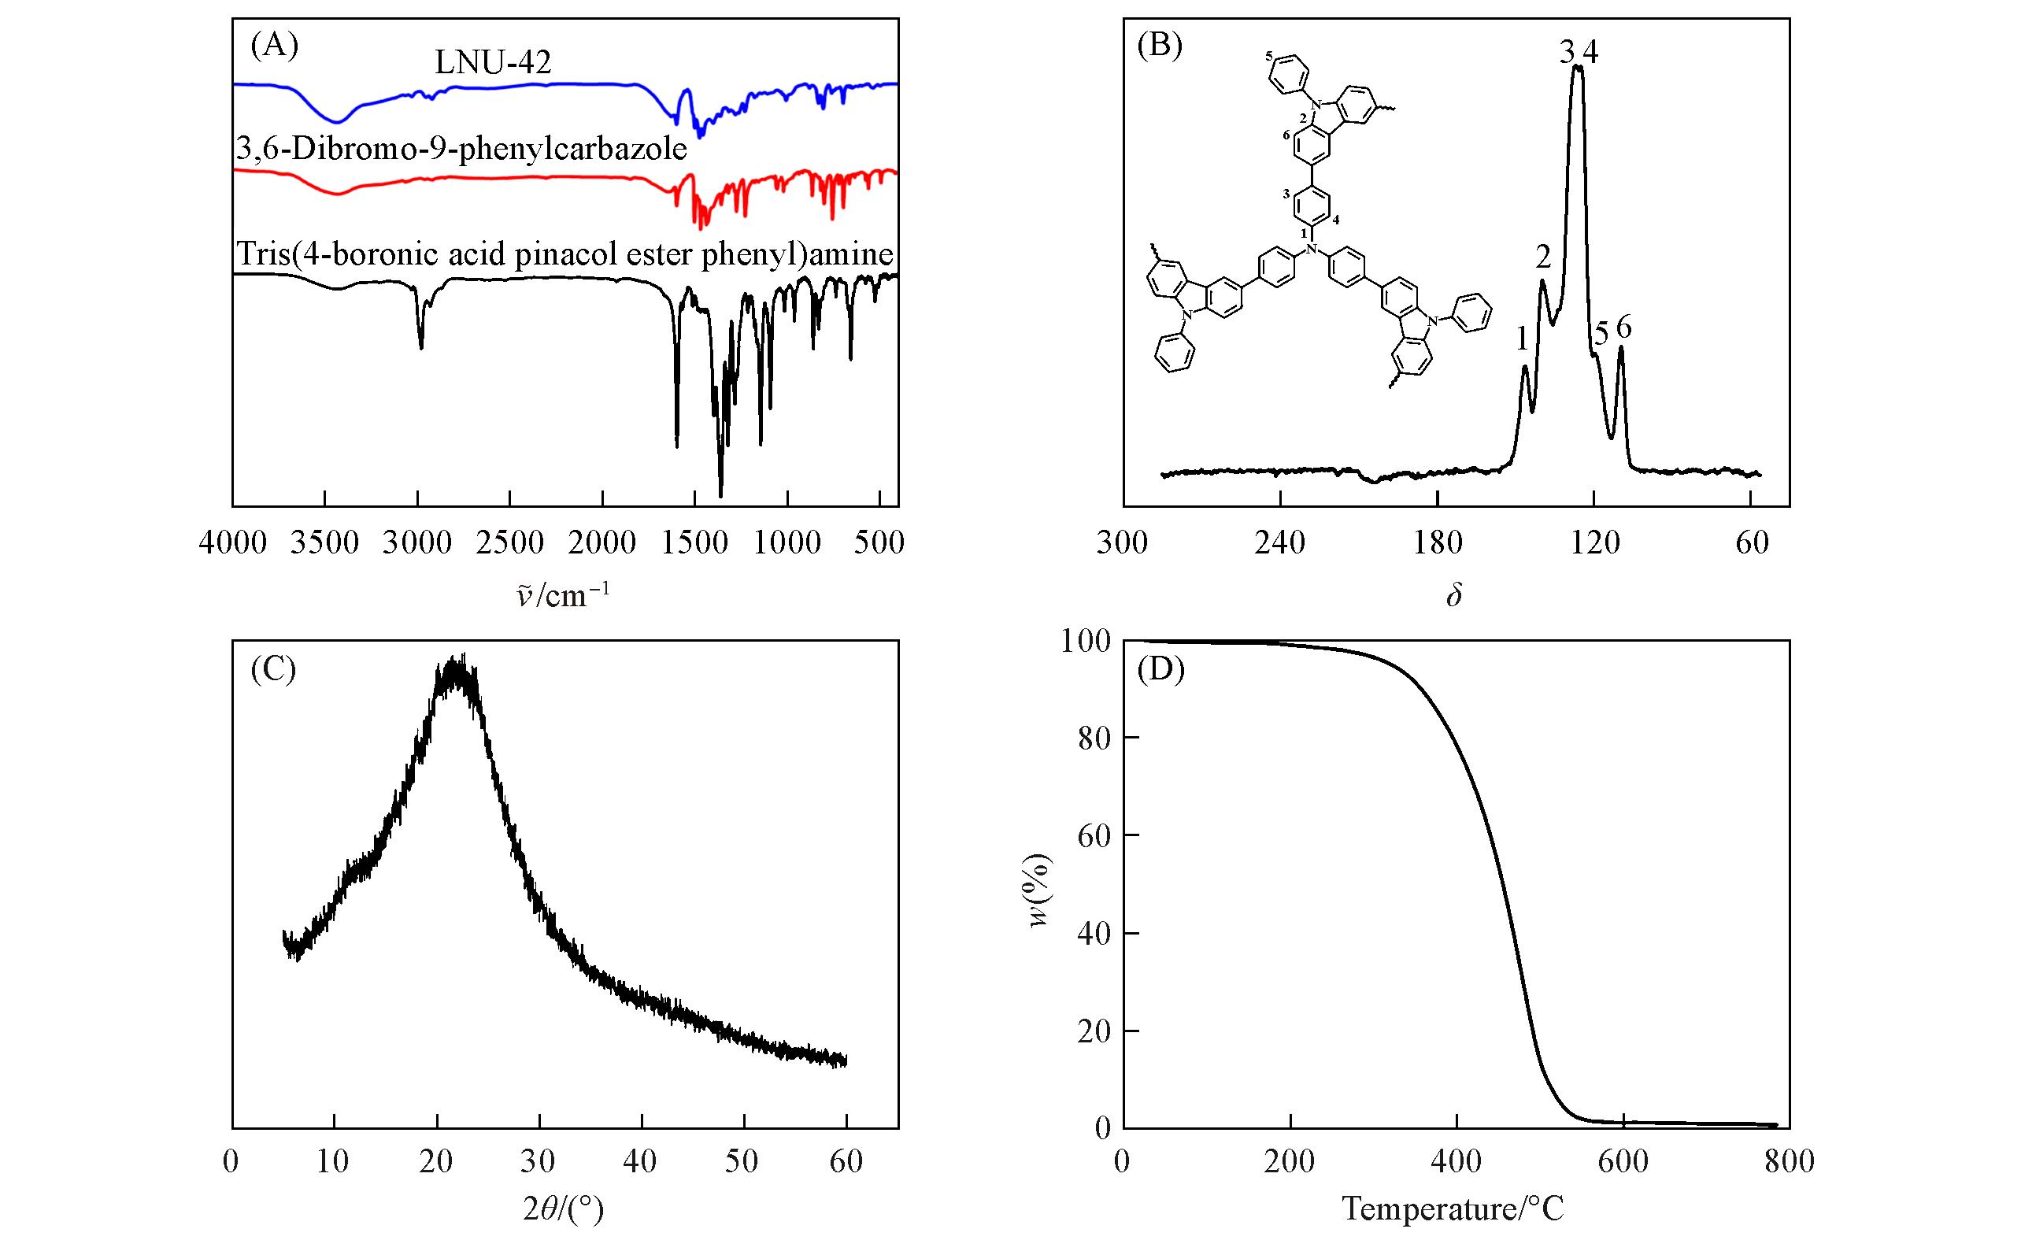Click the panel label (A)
[x=274, y=45]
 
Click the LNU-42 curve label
[x=492, y=62]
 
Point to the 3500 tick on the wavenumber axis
[x=325, y=542]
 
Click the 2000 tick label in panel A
[x=602, y=542]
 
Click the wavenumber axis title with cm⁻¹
[x=563, y=594]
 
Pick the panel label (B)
[x=1159, y=45]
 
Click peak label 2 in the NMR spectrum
[x=1544, y=258]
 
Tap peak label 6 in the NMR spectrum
[x=1624, y=328]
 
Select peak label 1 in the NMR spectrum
[x=1522, y=339]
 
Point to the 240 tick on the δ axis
[x=1280, y=542]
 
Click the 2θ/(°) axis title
[x=563, y=1209]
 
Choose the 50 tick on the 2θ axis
[x=744, y=1162]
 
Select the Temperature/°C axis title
[x=1453, y=1208]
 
